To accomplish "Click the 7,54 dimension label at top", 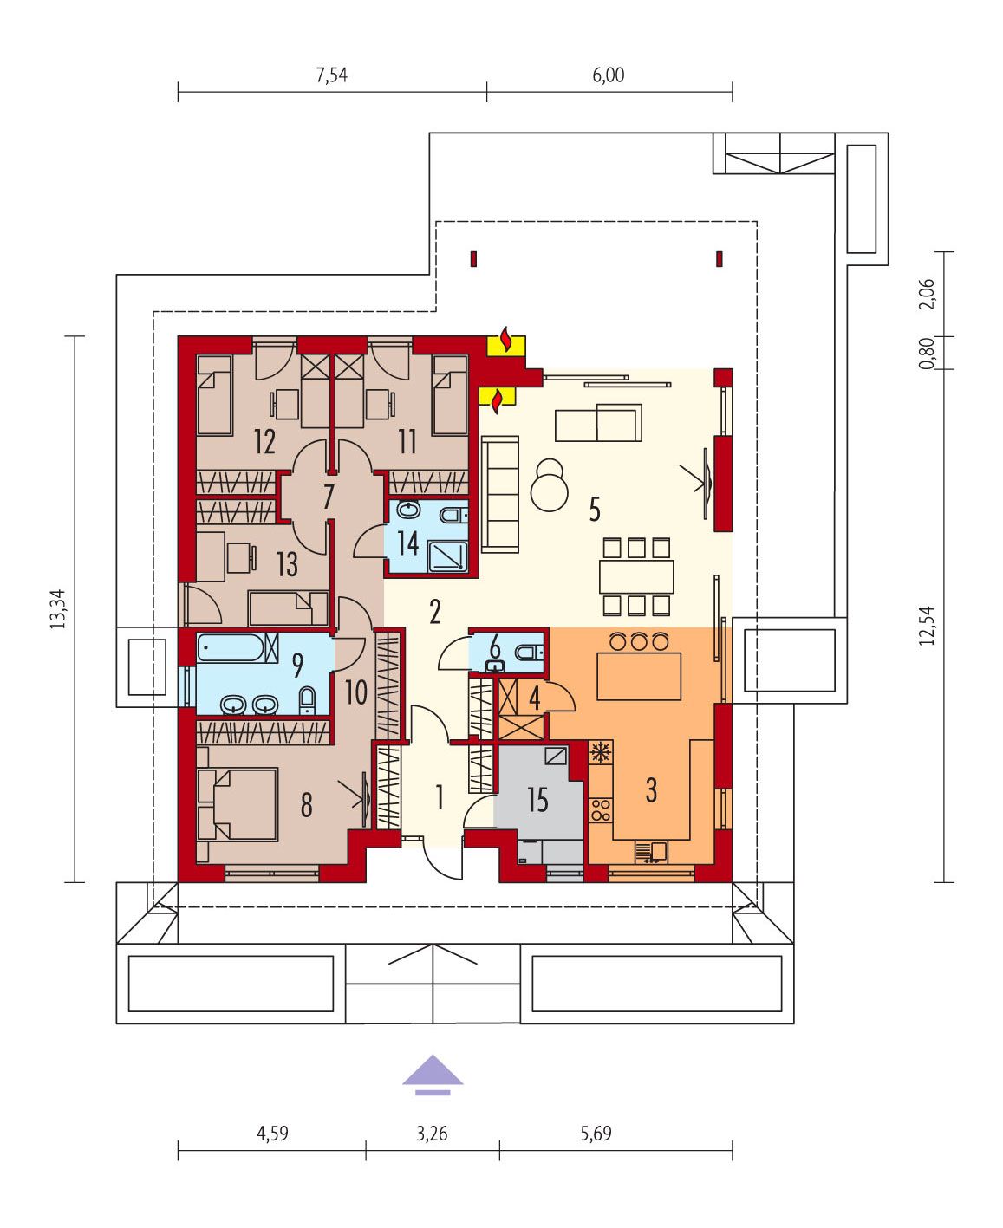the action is coord(331,75).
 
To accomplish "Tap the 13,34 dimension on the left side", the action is coord(58,608).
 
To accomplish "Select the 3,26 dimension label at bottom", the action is coord(432,1133).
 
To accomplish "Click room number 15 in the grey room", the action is coord(537,800).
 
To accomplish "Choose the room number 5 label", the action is coord(594,509).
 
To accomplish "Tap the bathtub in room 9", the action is coord(238,647).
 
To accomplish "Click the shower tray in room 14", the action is coord(448,556).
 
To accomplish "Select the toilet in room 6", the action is coord(529,653).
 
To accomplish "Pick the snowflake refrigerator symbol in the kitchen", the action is coord(598,752).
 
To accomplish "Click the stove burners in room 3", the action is coord(601,810).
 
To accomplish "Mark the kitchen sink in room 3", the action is coord(651,851).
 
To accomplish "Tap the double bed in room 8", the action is coord(238,804).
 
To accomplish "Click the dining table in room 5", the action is coord(636,576).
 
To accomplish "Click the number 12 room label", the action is coord(264,442).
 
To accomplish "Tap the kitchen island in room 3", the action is coord(639,676).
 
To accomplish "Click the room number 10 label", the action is coord(356,692).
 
